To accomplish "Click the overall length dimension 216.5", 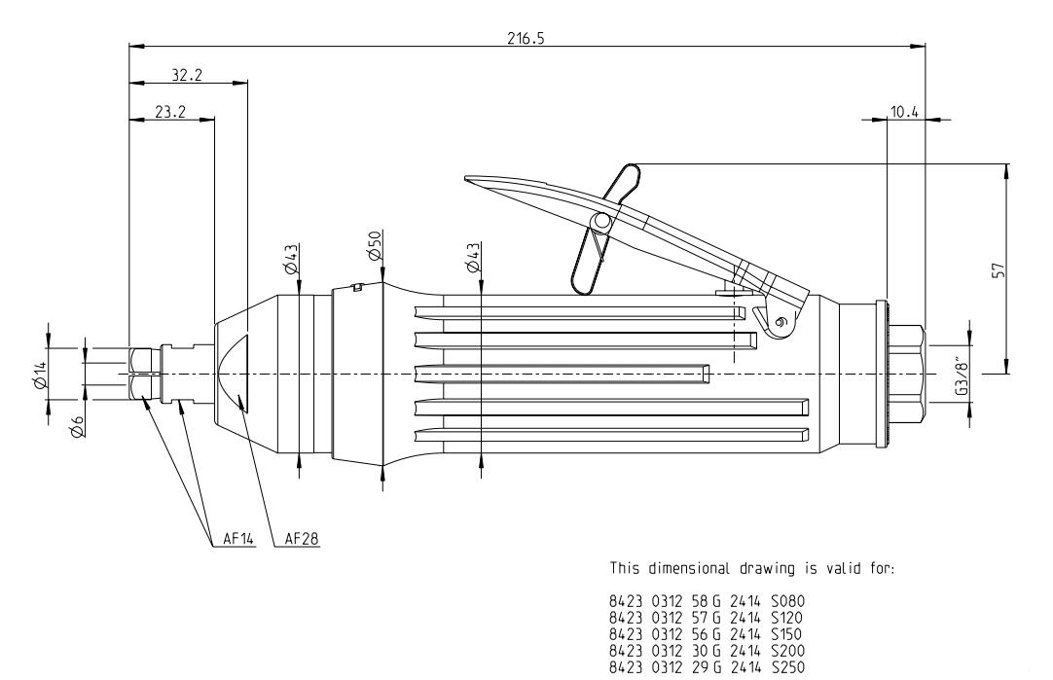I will (x=527, y=36).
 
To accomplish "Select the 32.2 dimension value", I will (x=180, y=73).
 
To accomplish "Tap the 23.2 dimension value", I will (x=170, y=112).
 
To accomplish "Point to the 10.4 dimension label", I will (x=904, y=112).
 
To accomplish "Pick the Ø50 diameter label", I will (x=374, y=246).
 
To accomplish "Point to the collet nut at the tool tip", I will (x=142, y=375).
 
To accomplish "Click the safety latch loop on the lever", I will (x=602, y=228).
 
